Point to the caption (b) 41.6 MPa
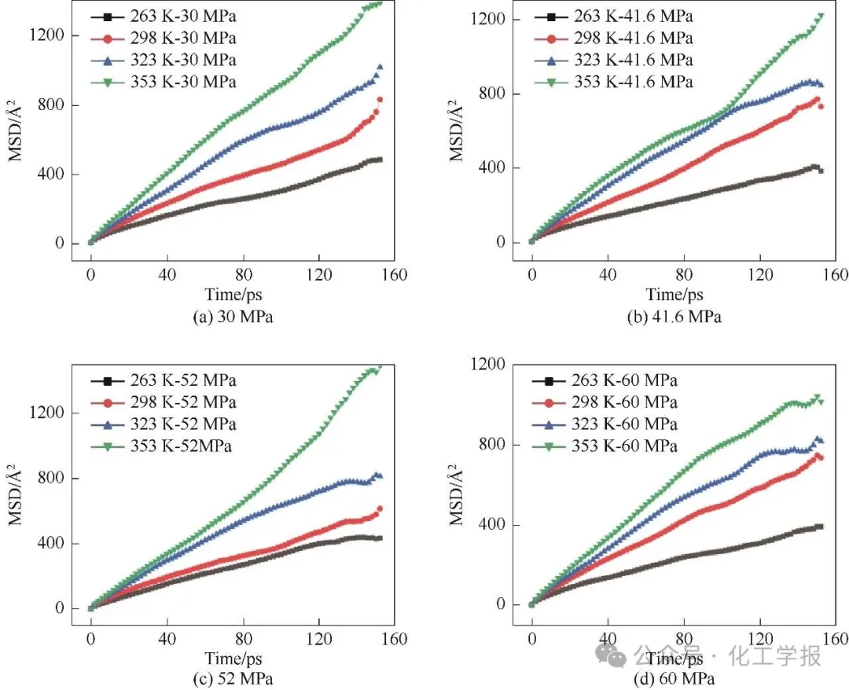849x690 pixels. coord(674,317)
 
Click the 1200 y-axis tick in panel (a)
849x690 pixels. coord(60,35)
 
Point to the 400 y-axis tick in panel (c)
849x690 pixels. coord(60,543)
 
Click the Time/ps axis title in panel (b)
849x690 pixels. coord(674,295)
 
